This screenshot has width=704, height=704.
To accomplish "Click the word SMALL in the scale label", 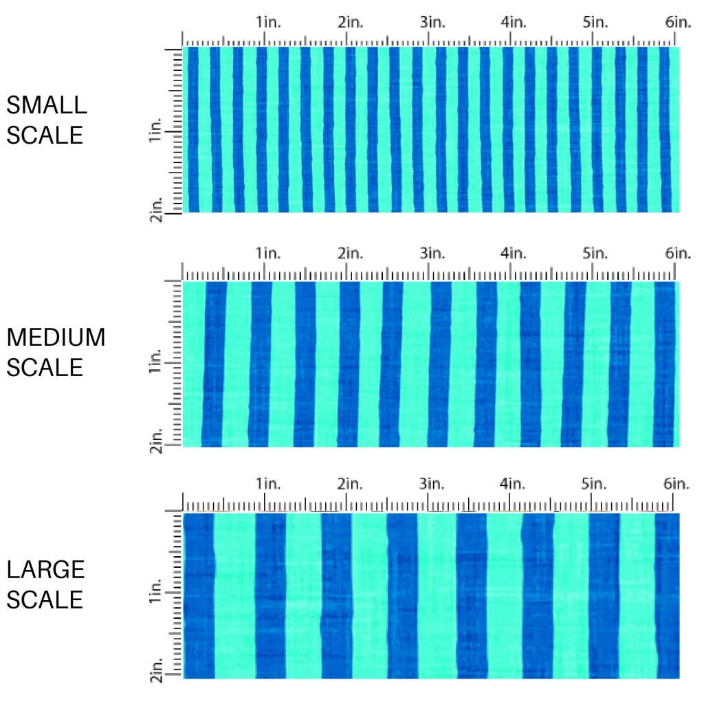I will pos(47,105).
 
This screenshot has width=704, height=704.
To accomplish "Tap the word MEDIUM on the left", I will pos(56,338).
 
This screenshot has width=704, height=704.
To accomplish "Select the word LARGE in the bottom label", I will pos(46,570).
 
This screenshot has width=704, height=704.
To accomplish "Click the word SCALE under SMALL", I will pos(45,135).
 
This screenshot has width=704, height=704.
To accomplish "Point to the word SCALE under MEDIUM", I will pos(45,367).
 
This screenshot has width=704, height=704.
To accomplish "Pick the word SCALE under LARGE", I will pos(45,599).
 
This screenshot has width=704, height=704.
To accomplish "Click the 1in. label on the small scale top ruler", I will pos(269,23).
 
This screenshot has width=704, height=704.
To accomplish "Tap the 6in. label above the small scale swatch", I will pos(678,23).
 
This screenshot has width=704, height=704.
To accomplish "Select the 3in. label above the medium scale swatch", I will pos(433,253).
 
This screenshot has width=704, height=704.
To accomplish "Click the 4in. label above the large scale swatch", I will pos(514,484).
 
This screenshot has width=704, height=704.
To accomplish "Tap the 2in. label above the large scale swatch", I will pos(351,484).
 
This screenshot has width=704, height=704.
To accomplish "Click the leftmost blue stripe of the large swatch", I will pos(199,595).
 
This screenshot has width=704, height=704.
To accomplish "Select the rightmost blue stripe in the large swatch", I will pos(667,595).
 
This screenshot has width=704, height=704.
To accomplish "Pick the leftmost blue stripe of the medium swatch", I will pos(214,364).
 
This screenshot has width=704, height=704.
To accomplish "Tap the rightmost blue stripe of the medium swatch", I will pos(665,364).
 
